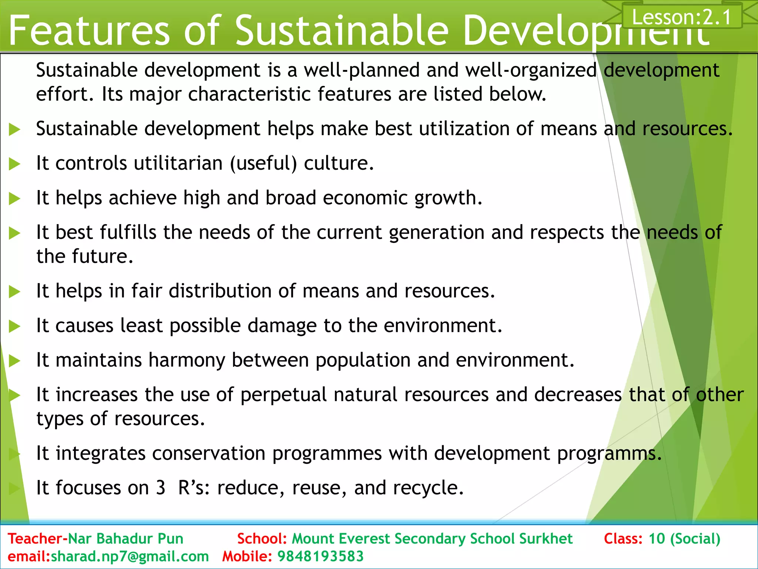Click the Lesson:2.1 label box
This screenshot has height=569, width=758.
click(682, 17)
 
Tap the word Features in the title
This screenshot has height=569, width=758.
click(89, 30)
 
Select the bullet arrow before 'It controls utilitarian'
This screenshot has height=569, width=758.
click(14, 164)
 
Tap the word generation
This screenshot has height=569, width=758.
click(437, 233)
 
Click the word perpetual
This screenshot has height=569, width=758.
click(284, 395)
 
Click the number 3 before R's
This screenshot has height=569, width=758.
click(160, 488)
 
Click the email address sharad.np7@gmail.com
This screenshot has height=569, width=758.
click(130, 556)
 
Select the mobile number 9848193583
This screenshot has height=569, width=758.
click(321, 556)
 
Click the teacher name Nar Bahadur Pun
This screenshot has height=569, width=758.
click(126, 539)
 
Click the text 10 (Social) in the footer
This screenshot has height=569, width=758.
click(684, 539)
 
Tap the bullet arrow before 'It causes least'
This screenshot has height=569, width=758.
click(14, 326)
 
